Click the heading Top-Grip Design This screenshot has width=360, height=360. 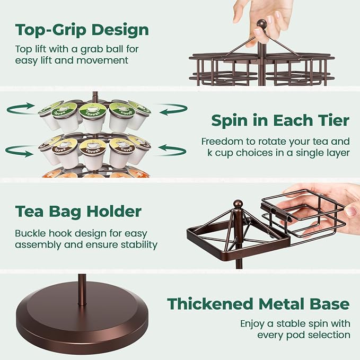tap(82, 30)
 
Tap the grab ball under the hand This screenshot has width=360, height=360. tap(261, 24)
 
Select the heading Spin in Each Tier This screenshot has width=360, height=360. tap(280, 120)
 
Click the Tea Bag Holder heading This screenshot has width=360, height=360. tap(78, 212)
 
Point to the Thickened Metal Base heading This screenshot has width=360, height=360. tap(258, 304)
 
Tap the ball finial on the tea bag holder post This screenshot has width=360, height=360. tap(238, 204)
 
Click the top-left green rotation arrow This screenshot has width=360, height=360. tap(21, 109)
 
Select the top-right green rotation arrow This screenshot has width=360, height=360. tap(173, 110)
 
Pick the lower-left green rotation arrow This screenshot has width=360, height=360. tap(19, 151)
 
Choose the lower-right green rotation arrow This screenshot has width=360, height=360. tap(172, 151)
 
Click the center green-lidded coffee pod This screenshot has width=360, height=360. tap(93, 117)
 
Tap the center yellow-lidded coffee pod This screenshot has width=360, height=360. tap(93, 154)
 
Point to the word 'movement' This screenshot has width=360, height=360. tap(102, 60)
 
